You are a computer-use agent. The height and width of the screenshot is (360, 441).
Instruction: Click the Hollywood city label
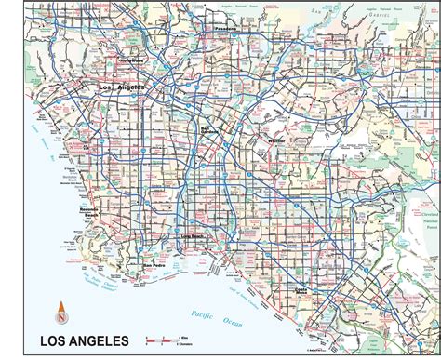click(x=130, y=60)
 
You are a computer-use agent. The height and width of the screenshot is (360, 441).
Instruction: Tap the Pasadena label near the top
click(x=229, y=29)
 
